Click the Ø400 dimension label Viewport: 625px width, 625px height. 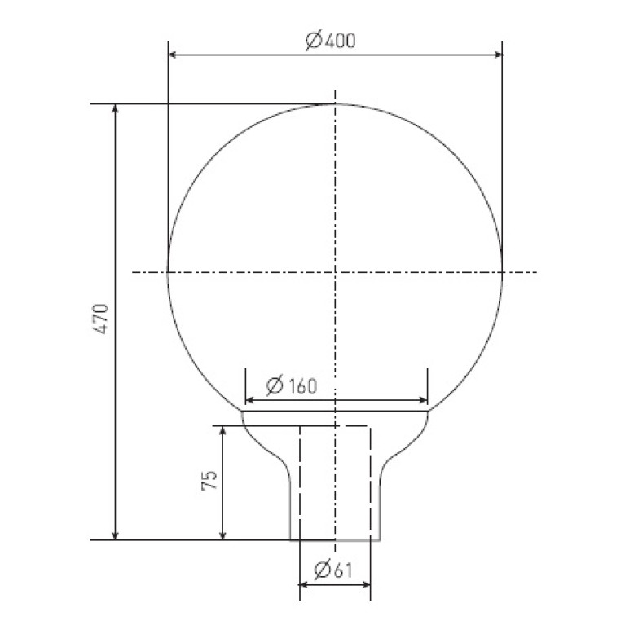[x=331, y=41]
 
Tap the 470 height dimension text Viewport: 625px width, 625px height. [x=101, y=319]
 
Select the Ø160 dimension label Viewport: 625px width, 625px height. [x=292, y=385]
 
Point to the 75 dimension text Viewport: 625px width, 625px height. [x=209, y=480]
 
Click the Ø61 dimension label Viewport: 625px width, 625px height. [x=333, y=570]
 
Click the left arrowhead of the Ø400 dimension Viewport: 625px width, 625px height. [x=172, y=55]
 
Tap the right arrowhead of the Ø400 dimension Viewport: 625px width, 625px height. [x=498, y=55]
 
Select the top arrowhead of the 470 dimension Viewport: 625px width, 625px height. [x=115, y=108]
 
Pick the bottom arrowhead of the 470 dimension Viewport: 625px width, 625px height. [x=115, y=535]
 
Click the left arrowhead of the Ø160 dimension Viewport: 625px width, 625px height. [x=250, y=400]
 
